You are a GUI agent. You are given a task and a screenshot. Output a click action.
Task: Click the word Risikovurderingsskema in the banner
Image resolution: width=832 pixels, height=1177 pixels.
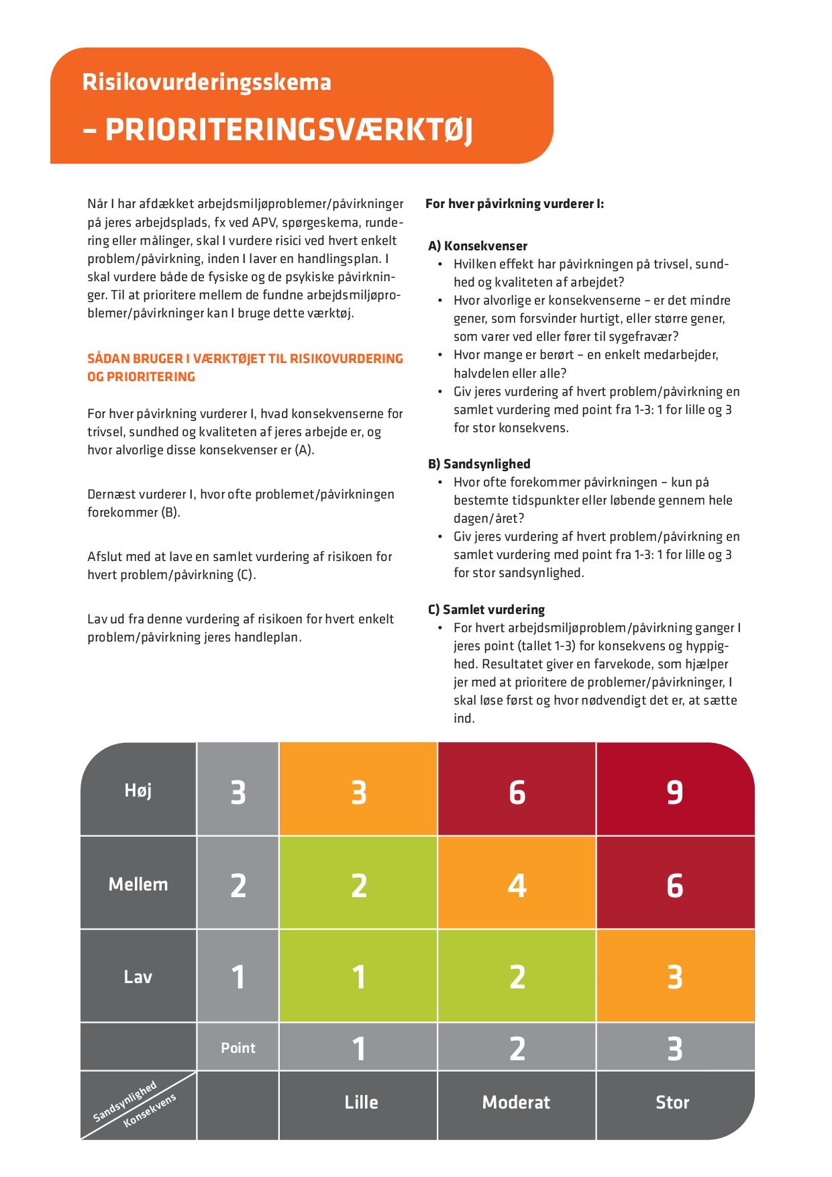[x=206, y=82]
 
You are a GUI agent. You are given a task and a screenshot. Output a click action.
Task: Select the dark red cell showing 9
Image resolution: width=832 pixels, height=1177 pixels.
[x=675, y=791]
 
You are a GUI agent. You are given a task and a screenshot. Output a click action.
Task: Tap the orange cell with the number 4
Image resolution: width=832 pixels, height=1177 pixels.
[x=517, y=884]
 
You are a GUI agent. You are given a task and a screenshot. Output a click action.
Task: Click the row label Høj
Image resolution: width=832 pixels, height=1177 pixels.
[x=138, y=790]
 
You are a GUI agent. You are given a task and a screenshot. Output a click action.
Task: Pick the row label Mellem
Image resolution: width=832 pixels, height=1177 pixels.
[x=138, y=884]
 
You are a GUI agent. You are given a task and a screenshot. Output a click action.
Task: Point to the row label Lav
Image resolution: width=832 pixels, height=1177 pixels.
[x=138, y=976]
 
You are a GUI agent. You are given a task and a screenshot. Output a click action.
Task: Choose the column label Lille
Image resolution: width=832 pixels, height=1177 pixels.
[x=361, y=1102]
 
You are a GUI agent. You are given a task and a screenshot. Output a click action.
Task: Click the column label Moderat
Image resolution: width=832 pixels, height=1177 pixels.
[x=516, y=1102]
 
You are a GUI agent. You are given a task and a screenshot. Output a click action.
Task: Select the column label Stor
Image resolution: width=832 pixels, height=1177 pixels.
[x=672, y=1102]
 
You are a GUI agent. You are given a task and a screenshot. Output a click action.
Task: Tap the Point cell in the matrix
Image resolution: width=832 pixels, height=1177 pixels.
[x=238, y=1047]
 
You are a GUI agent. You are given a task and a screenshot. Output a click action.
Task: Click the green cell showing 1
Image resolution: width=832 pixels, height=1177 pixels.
[x=359, y=976]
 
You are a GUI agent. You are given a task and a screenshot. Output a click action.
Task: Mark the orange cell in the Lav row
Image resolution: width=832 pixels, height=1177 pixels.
[x=675, y=976]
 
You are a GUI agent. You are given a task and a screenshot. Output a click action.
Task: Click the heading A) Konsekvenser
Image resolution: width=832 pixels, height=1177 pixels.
[x=478, y=246]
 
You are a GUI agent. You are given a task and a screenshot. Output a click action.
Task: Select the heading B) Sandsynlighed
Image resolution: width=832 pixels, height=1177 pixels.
[x=479, y=464]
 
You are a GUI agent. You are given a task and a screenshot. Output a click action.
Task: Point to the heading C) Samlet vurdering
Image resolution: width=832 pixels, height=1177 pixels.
[x=486, y=609]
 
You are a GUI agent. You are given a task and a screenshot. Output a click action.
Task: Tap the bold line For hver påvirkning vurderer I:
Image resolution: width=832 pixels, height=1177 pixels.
[x=515, y=203]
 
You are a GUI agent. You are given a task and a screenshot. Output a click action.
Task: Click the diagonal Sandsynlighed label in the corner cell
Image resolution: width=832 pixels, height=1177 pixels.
[x=125, y=1101]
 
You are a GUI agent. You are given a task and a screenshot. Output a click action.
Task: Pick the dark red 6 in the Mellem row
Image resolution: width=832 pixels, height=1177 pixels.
[x=675, y=884]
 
